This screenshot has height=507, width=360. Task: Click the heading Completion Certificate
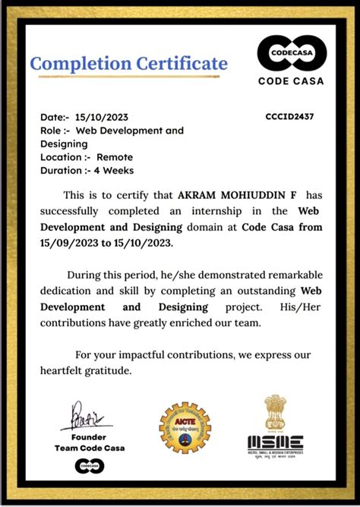tap(128, 64)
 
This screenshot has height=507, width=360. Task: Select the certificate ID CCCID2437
tap(289, 117)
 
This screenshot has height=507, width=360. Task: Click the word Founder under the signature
tap(90, 437)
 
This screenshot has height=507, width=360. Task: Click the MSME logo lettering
tap(274, 442)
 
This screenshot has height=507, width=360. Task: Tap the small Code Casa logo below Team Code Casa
tap(90, 466)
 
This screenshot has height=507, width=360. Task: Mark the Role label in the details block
tap(55, 131)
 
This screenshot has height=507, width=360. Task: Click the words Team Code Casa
tap(90, 448)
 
